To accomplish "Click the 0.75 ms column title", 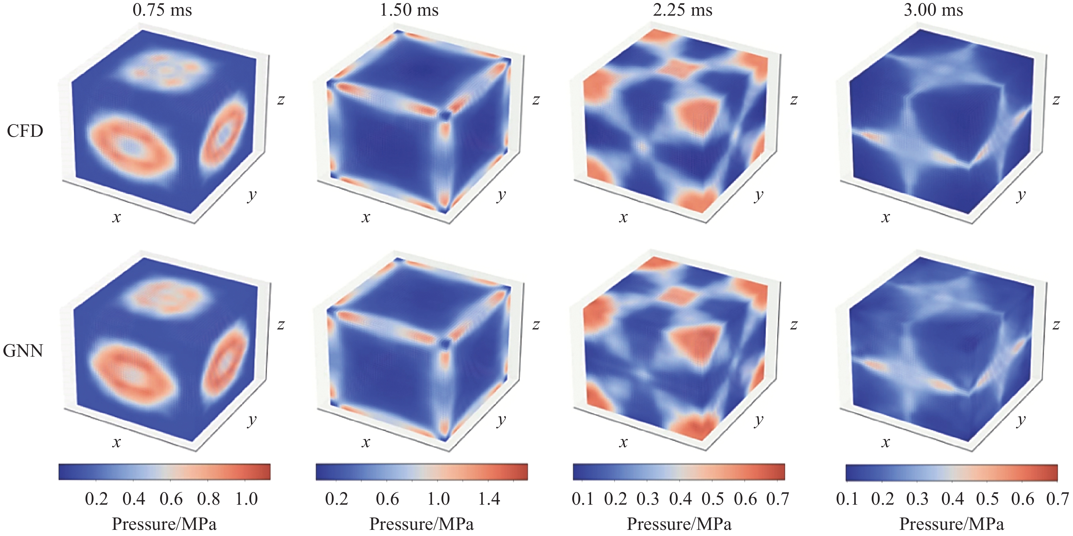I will click(x=162, y=10).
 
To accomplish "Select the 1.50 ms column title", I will click(x=409, y=10).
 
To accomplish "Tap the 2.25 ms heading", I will click(x=683, y=10).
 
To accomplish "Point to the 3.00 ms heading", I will click(x=933, y=10).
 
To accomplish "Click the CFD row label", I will click(x=25, y=131).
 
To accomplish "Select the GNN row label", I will click(x=23, y=351).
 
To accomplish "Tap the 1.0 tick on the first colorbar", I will click(x=247, y=499).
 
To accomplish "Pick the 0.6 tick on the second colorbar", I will click(x=387, y=499).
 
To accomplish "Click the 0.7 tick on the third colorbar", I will click(x=778, y=499).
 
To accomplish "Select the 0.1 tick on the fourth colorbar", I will click(x=847, y=499).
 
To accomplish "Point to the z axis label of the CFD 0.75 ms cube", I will click(x=281, y=100).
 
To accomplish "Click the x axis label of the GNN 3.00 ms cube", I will click(x=886, y=442).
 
